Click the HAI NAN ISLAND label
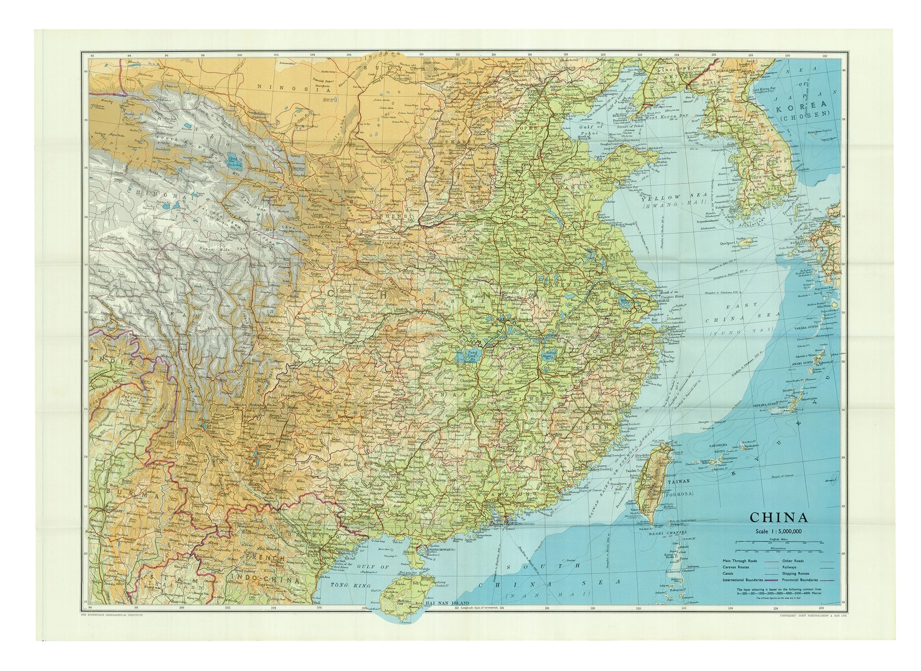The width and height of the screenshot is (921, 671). pyautogui.click(x=447, y=614)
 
